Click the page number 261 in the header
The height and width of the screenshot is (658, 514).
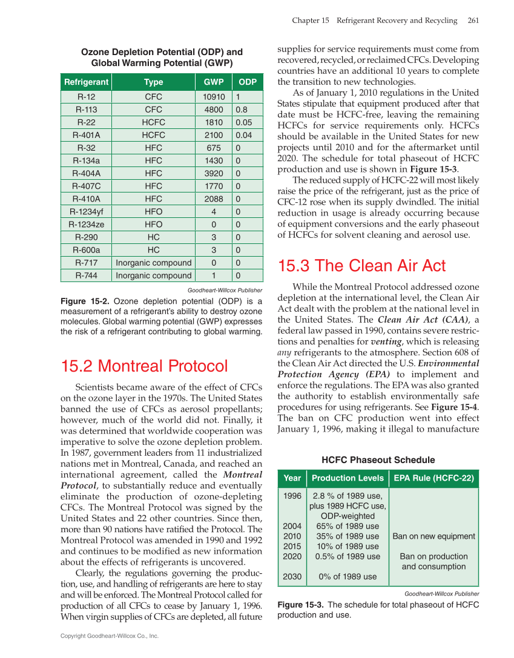coord(473,21)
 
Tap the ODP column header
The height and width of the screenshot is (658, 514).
coord(248,82)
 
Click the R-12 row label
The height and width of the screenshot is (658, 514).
coord(86,97)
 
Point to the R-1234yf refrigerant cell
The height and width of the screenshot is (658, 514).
coord(86,211)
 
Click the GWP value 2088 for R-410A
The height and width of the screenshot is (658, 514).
coord(214,199)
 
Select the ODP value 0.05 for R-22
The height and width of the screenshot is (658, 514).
coord(244,122)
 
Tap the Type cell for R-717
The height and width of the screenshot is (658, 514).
coord(154,263)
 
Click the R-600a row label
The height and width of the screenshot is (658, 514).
coord(86,249)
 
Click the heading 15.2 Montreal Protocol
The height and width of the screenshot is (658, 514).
coord(144,366)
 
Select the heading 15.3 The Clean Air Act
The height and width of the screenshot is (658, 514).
coord(361,266)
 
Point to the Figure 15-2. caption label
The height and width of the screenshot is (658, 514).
coord(85,301)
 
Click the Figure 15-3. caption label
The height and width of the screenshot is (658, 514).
coord(300,605)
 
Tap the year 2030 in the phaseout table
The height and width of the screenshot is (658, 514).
coord(292,577)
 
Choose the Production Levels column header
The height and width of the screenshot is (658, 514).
coord(348,478)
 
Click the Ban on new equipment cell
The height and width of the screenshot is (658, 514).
coord(433,536)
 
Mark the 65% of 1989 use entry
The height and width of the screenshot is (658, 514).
coord(348,526)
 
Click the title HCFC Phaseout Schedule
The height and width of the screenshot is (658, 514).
coord(378,460)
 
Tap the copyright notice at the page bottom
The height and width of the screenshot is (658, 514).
coord(110,636)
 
